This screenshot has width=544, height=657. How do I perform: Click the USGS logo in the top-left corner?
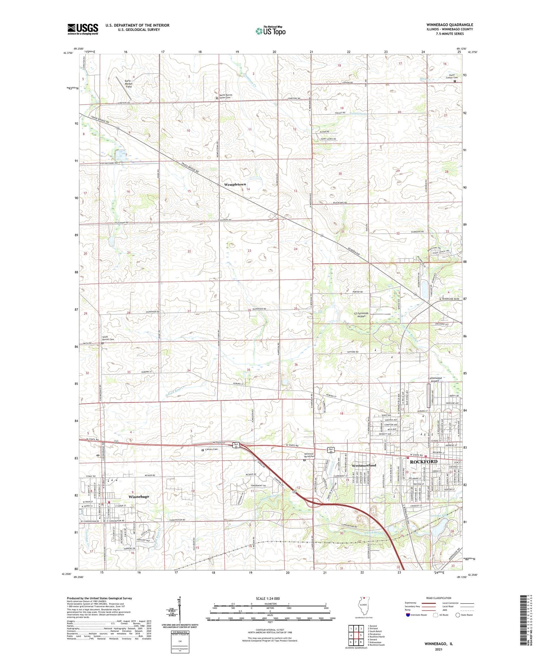(82, 29)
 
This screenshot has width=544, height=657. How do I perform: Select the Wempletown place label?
(235, 185)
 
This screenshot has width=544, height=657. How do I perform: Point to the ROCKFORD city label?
(423, 461)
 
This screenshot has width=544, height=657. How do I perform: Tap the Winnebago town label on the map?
(139, 497)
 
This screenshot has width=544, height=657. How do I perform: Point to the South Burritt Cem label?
(109, 338)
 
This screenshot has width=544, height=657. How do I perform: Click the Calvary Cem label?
(211, 449)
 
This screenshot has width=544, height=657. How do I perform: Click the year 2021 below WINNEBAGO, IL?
(439, 649)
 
